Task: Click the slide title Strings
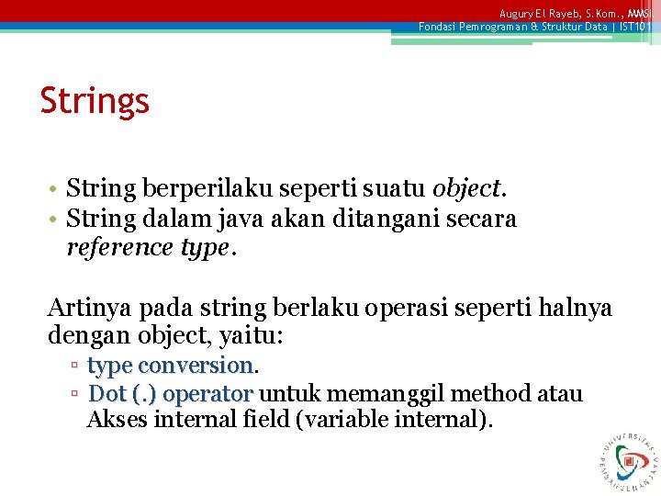[x=95, y=101]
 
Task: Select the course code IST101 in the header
[x=633, y=27]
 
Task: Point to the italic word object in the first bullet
[x=465, y=189]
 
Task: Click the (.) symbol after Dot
[x=145, y=394]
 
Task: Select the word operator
[x=207, y=394]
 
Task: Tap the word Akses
[x=117, y=421]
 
